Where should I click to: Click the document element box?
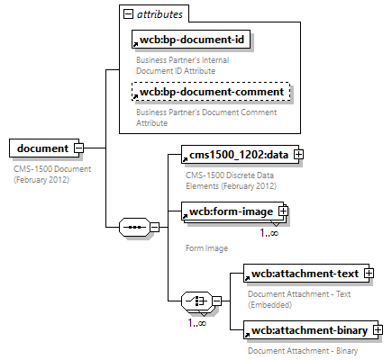(41, 148)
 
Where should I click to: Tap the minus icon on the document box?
(79, 148)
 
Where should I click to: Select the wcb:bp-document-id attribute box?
(192, 40)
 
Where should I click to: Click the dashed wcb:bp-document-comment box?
(213, 92)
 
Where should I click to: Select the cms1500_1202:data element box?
(234, 155)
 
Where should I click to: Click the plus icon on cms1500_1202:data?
(298, 155)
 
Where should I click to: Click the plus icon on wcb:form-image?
(283, 211)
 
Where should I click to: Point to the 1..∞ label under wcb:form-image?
(269, 233)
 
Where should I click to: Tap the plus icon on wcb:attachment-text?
(369, 274)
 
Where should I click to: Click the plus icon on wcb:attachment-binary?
(378, 331)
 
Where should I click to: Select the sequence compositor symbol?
(133, 227)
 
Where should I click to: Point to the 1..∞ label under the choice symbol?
(196, 322)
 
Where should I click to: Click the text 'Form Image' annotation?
(205, 247)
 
